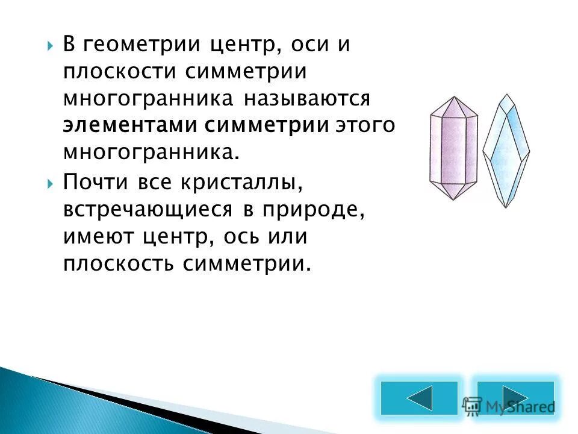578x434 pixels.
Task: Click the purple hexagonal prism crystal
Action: click(x=453, y=148)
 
